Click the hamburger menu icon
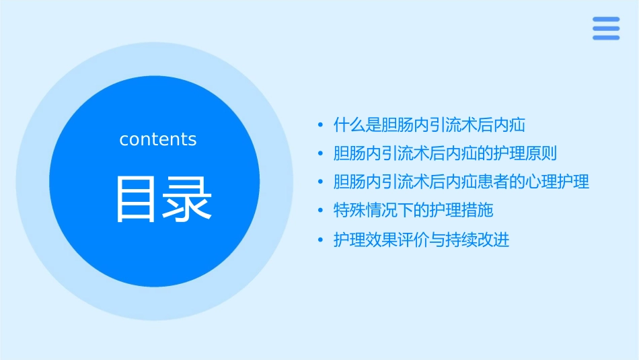click(606, 28)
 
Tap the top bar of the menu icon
click(606, 20)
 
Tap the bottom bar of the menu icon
click(606, 38)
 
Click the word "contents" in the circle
click(158, 139)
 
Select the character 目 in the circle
click(137, 199)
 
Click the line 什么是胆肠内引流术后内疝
click(429, 124)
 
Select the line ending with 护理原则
click(445, 153)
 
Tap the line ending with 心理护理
click(461, 182)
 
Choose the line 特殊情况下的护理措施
click(414, 211)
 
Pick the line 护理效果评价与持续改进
click(422, 240)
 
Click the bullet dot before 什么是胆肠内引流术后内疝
click(321, 125)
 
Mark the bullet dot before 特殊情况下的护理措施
click(321, 211)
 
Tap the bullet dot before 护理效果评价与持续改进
click(321, 240)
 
